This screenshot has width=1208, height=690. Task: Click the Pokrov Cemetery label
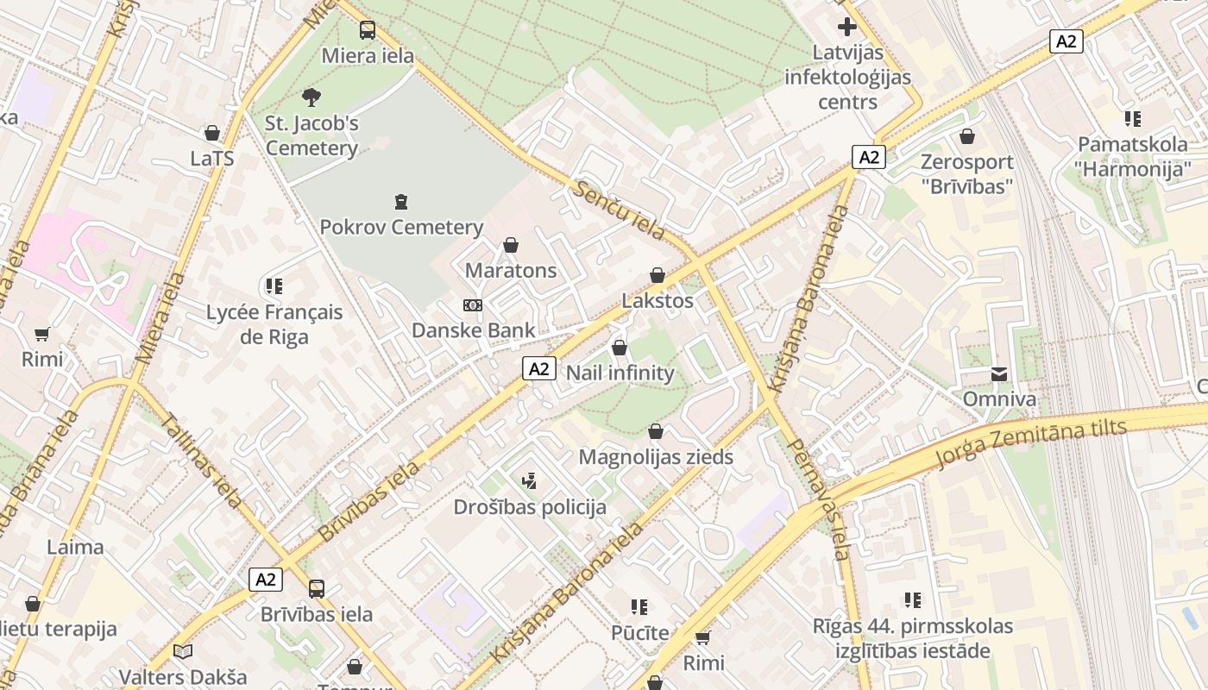click(401, 228)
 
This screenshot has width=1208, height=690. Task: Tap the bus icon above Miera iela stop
click(368, 30)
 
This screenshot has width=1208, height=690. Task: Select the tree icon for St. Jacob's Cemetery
click(311, 97)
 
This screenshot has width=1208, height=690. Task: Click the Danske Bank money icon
click(473, 305)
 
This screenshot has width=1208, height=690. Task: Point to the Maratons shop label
click(511, 271)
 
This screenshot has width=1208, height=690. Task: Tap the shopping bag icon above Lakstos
click(657, 275)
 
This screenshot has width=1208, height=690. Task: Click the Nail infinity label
click(620, 373)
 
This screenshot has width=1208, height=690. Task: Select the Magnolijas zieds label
click(656, 457)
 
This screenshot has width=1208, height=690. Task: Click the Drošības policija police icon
click(530, 481)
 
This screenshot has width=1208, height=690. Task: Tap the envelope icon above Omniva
click(999, 373)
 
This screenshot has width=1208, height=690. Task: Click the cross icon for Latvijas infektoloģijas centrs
click(847, 27)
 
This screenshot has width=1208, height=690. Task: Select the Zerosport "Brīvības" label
click(966, 173)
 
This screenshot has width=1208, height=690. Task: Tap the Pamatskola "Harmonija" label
click(1132, 156)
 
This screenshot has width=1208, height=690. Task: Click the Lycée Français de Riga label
click(274, 324)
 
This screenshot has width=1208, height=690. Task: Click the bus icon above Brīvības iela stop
click(317, 589)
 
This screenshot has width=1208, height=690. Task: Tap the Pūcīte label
click(639, 633)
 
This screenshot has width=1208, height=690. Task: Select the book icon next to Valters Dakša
click(182, 651)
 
